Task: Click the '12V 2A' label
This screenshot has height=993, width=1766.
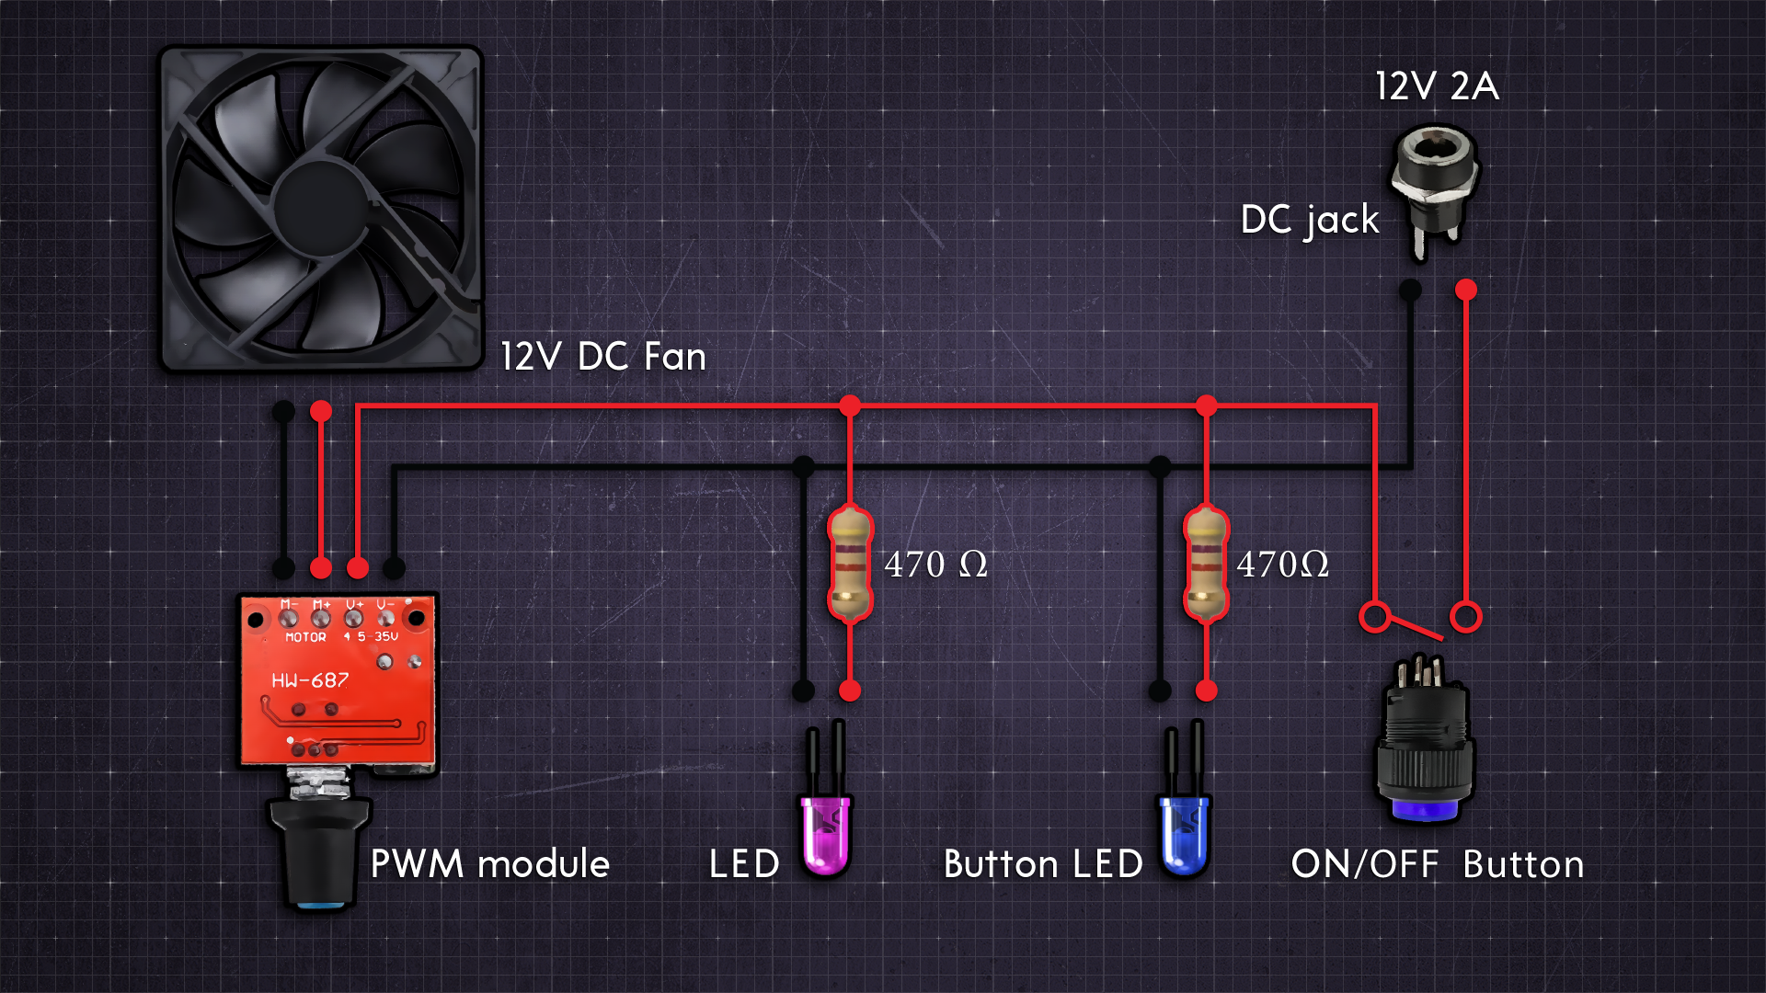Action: [x=1437, y=86]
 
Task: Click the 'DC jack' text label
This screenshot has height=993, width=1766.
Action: [x=1310, y=220]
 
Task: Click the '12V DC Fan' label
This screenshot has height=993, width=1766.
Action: [x=603, y=357]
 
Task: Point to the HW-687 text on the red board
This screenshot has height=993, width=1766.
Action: [x=310, y=680]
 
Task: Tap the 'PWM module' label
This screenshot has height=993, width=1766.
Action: [x=489, y=864]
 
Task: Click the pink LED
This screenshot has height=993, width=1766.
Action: [x=825, y=832]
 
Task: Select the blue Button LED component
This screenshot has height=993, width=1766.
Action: [x=1184, y=832]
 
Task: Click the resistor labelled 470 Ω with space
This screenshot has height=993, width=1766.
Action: [x=850, y=564]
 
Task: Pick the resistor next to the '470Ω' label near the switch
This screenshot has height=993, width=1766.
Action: [x=1206, y=564]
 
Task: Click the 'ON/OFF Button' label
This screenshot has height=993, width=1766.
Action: [x=1437, y=864]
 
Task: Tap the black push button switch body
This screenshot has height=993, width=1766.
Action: [x=1424, y=745]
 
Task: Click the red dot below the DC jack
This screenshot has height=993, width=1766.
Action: [x=1466, y=291]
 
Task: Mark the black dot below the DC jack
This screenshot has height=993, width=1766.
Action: [x=1410, y=291]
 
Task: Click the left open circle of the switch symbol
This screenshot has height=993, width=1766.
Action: [x=1375, y=616]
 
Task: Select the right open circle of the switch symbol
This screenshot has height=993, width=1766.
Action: [x=1466, y=616]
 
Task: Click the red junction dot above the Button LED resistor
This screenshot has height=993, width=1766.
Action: [x=1206, y=405]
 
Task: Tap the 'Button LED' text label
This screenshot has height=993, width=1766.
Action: [x=1043, y=864]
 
